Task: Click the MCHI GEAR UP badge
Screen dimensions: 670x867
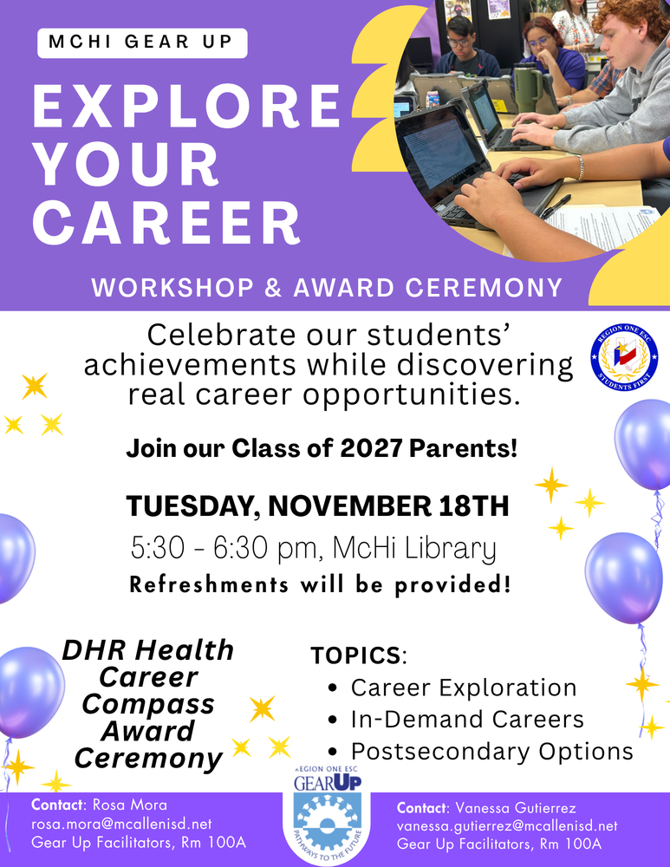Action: click(142, 42)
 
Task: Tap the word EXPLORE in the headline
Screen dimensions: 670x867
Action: click(187, 106)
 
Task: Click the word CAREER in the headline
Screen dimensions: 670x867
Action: click(166, 223)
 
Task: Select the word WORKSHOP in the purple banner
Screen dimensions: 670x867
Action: click(172, 288)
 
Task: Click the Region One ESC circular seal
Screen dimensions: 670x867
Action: click(624, 356)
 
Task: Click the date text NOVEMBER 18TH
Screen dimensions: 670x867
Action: click(388, 505)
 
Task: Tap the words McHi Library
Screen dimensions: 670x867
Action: click(414, 549)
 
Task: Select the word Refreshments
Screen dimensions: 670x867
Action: click(209, 584)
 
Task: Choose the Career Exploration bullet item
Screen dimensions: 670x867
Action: click(464, 688)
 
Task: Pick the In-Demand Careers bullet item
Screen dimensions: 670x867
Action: click(467, 720)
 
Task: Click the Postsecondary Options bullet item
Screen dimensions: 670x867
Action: click(492, 752)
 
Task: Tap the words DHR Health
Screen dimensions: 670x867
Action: click(148, 650)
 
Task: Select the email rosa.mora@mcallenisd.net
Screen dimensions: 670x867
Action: click(121, 825)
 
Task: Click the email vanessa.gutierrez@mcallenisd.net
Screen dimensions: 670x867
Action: click(507, 826)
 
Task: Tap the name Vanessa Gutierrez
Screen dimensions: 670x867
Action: click(516, 808)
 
